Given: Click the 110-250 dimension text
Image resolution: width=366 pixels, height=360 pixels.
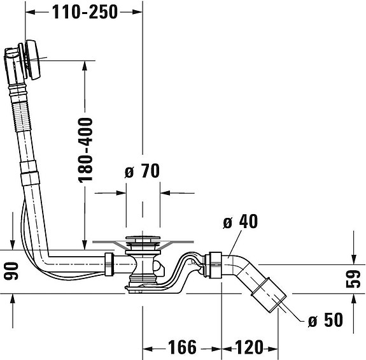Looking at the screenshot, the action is pos(85,12).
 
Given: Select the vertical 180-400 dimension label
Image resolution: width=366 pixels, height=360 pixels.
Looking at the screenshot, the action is pos(85,150).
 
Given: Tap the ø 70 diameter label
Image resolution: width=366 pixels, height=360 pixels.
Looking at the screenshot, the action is pos(142,171).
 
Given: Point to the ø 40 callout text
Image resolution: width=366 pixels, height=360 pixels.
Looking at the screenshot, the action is pos(241,221).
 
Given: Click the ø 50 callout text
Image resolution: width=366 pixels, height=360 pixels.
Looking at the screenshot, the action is pos(325,320).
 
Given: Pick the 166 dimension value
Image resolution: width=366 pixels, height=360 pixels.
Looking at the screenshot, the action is pos(182,347).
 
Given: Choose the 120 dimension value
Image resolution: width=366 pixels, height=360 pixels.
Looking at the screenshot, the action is pos(249,347).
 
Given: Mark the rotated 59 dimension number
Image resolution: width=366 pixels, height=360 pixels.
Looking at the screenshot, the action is pos(353,278).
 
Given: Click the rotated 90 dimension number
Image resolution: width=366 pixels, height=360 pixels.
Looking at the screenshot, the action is pos(11,271).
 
